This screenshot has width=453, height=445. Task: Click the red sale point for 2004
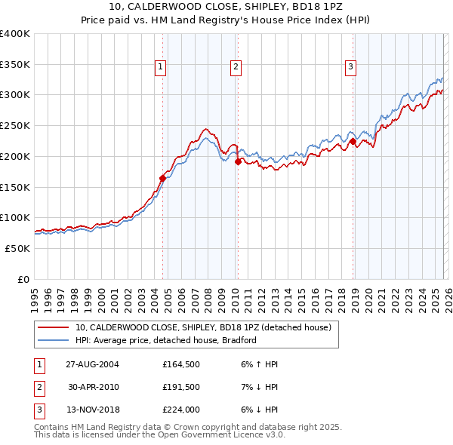[x=162, y=179]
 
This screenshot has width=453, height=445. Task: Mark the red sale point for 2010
[x=238, y=161]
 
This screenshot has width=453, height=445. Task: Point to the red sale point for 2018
[x=353, y=141]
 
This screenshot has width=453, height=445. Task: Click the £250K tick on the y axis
[x=15, y=126]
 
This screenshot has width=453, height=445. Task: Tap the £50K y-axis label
[x=17, y=248]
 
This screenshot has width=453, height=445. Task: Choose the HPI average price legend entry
[x=166, y=340]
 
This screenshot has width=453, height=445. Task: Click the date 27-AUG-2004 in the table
[x=92, y=364]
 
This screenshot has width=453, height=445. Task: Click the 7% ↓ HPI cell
[x=259, y=388]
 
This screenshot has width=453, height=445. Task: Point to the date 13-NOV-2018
[x=92, y=410]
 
